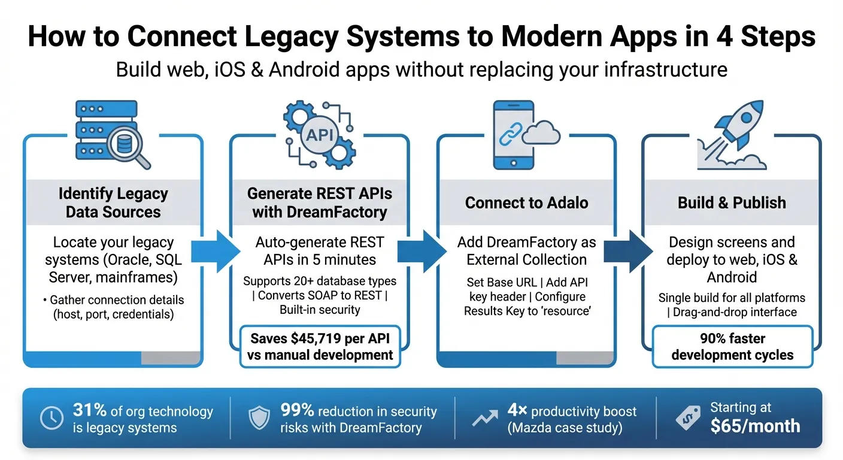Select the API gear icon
tap(319, 134)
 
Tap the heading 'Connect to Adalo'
tap(527, 202)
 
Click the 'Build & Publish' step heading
tap(732, 202)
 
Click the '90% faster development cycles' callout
tap(732, 346)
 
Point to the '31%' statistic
tap(90, 411)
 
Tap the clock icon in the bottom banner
tap(51, 419)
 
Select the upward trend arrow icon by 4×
tap(485, 419)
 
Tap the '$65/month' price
tap(755, 426)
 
